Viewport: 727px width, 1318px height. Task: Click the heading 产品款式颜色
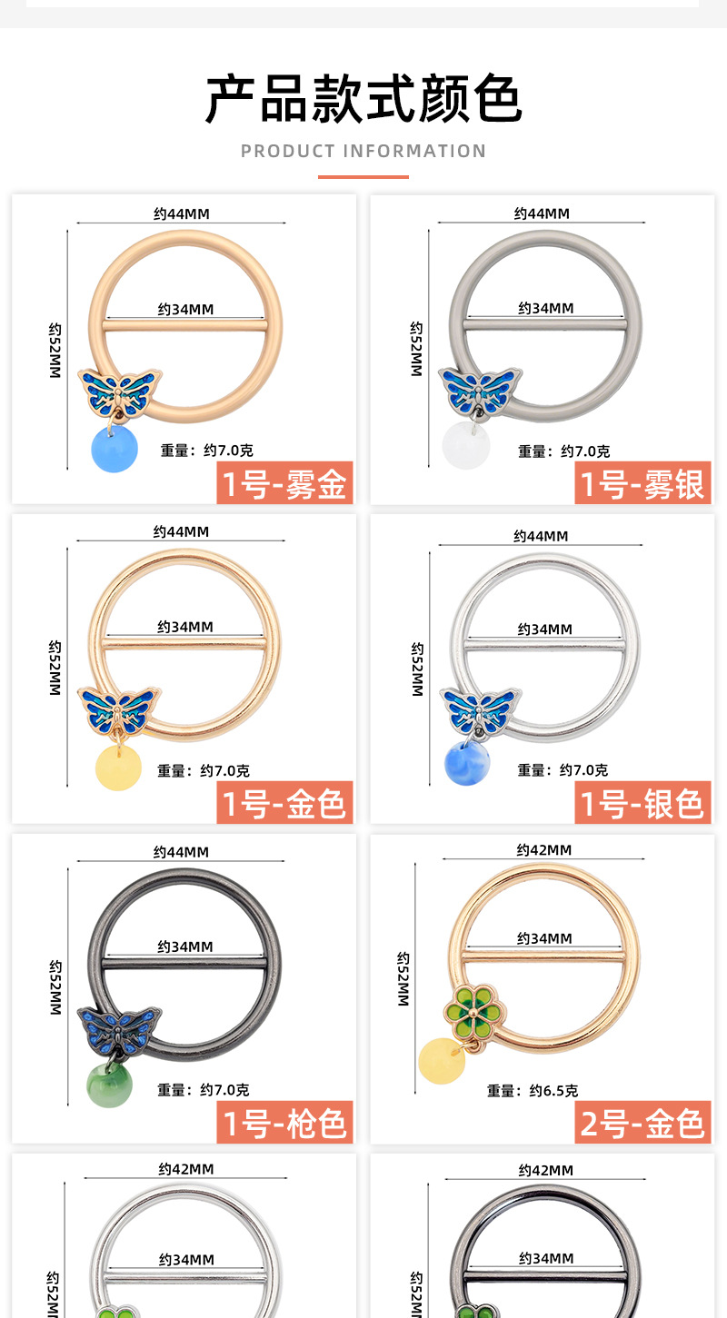(x=363, y=99)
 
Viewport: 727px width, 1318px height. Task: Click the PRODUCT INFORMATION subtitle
(x=363, y=151)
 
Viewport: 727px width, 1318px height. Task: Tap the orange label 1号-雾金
(x=284, y=483)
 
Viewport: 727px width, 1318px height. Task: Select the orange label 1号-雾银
(x=642, y=483)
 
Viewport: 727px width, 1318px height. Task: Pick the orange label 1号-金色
(x=284, y=803)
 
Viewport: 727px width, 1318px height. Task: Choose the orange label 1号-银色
(x=642, y=803)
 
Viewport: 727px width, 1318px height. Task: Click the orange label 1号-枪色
(x=284, y=1123)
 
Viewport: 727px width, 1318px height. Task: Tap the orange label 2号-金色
(x=642, y=1123)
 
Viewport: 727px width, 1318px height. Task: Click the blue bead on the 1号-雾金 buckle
(x=114, y=450)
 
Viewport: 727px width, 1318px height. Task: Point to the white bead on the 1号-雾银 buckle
(x=466, y=446)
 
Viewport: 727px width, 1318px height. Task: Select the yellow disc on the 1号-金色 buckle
(x=118, y=768)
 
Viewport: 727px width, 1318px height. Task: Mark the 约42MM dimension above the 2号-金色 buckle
(x=544, y=850)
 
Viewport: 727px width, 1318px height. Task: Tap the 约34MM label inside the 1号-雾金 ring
(x=185, y=310)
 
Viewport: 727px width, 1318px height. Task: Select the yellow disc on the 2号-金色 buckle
(x=441, y=1060)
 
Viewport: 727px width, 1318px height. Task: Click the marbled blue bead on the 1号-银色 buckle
(x=467, y=763)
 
